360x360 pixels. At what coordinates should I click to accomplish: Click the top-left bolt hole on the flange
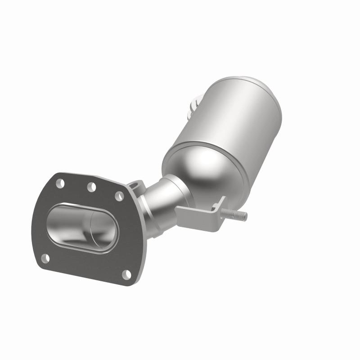60,183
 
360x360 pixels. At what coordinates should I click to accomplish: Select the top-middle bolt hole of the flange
92,187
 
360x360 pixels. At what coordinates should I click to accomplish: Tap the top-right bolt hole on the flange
120,196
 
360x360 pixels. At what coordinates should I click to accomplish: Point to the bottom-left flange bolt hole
45,258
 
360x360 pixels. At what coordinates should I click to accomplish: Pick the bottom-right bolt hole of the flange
127,274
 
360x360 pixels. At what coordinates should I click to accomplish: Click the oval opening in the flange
81,227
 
